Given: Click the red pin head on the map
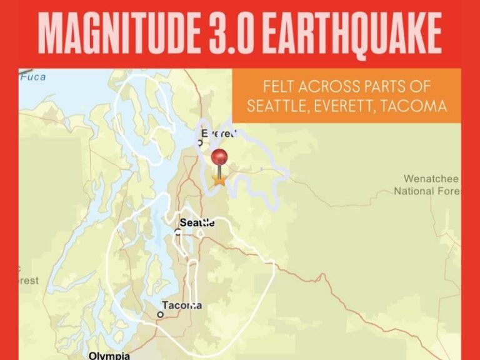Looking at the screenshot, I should [219, 157].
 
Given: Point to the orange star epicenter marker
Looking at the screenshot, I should [219, 180].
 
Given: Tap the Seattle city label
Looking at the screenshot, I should [197, 222].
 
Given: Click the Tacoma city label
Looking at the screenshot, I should [182, 305].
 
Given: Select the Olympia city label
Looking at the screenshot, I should [109, 355].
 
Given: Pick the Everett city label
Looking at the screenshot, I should [219, 133].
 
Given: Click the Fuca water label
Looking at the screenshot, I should [32, 77].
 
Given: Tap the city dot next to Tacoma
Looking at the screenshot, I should [160, 314].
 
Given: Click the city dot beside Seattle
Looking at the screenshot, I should [178, 231].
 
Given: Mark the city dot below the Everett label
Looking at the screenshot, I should [200, 142].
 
